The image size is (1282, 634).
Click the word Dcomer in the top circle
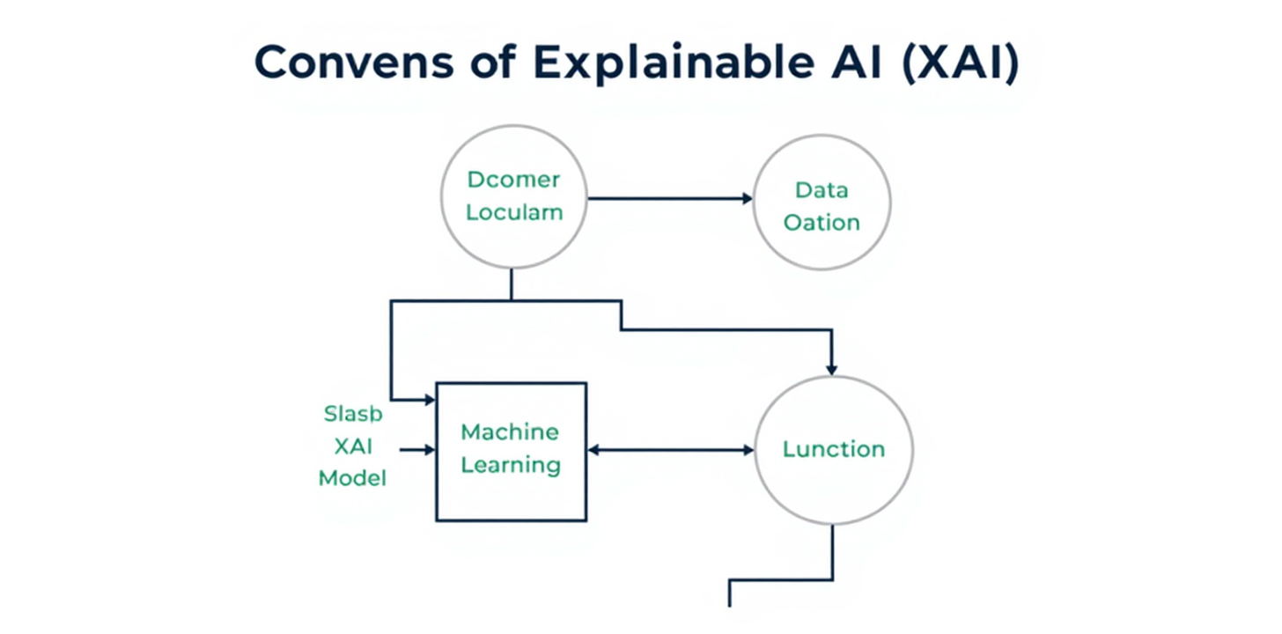[513, 181]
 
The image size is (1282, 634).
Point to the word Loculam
[514, 213]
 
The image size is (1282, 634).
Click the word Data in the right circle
[821, 189]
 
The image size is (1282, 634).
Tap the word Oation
[822, 222]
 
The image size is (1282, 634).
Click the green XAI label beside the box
[353, 446]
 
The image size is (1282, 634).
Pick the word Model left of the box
[352, 479]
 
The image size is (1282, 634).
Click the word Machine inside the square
[510, 432]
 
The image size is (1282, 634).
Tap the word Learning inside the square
[511, 465]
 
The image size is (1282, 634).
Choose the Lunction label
[833, 449]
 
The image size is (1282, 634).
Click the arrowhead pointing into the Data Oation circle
[747, 199]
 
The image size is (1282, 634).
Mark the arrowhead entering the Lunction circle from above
[832, 369]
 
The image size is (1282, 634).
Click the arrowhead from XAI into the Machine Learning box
[430, 450]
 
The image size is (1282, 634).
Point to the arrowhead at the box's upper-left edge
[430, 400]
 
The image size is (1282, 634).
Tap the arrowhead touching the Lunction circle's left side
[748, 450]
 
